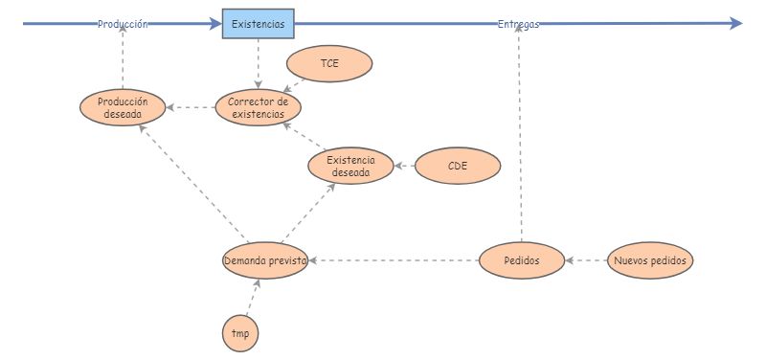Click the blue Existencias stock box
(x=259, y=24)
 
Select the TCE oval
(x=329, y=64)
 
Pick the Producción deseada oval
(x=123, y=107)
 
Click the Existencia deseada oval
(x=351, y=166)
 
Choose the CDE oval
(x=458, y=166)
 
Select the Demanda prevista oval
(x=265, y=259)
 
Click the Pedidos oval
(x=522, y=259)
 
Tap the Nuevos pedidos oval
(x=650, y=259)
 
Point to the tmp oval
(x=240, y=333)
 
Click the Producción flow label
(x=123, y=24)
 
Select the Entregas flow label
(x=518, y=24)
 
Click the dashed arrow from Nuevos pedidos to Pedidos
(x=586, y=259)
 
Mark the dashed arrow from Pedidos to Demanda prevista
(x=393, y=259)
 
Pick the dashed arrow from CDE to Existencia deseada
(x=404, y=166)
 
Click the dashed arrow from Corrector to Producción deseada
(x=191, y=107)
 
